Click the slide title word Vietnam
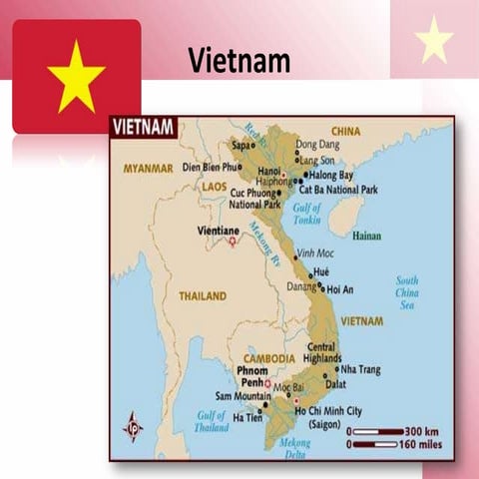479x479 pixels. click(x=239, y=62)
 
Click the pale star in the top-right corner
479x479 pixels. click(x=434, y=39)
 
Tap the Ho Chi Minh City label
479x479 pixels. click(x=328, y=410)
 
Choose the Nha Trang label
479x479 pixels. click(x=361, y=368)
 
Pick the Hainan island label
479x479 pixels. click(x=366, y=237)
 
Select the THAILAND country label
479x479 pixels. click(x=203, y=295)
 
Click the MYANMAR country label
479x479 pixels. click(x=148, y=169)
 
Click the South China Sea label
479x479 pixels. click(x=406, y=292)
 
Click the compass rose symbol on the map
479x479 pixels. click(x=132, y=426)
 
